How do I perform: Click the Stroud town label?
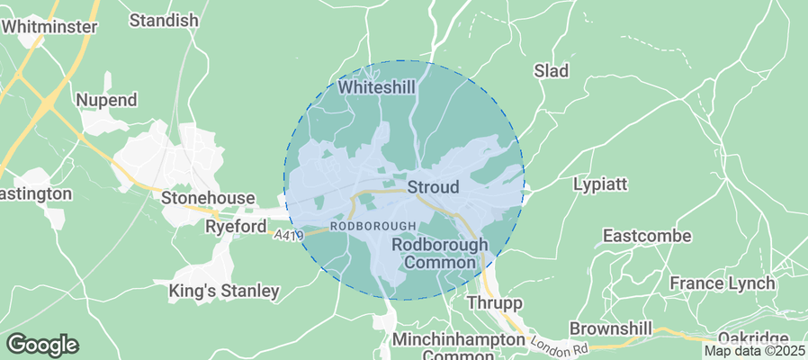pyautogui.click(x=434, y=188)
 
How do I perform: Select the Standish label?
pyautogui.click(x=164, y=20)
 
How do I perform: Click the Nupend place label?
pyautogui.click(x=107, y=100)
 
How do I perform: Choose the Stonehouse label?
pyautogui.click(x=209, y=197)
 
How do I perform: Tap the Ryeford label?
pyautogui.click(x=235, y=226)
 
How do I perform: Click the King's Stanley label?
pyautogui.click(x=224, y=291)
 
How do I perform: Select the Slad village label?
pyautogui.click(x=552, y=70)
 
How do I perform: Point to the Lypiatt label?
pyautogui.click(x=600, y=184)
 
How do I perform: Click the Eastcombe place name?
pyautogui.click(x=647, y=236)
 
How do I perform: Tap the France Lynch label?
pyautogui.click(x=723, y=283)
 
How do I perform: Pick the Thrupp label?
pyautogui.click(x=495, y=303)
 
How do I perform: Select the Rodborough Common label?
pyautogui.click(x=440, y=253)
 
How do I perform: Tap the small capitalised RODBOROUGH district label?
pyautogui.click(x=373, y=226)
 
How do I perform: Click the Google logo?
pyautogui.click(x=42, y=345)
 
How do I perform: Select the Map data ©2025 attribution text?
pyautogui.click(x=754, y=351)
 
